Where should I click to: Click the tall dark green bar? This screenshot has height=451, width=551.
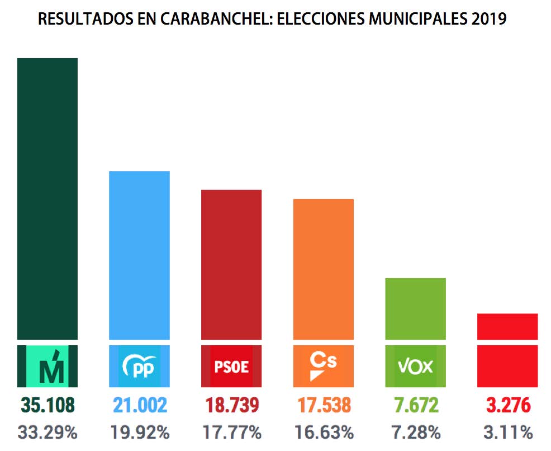(x=47, y=199)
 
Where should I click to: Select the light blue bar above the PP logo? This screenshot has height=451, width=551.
(x=140, y=255)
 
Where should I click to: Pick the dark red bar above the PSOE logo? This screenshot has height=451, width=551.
(x=231, y=265)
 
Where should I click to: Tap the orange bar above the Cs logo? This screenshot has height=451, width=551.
(x=324, y=270)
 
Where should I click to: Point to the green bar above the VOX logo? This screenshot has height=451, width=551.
(x=415, y=309)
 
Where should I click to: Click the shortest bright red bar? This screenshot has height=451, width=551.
(x=507, y=326)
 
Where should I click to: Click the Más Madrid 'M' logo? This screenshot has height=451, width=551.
(x=47, y=366)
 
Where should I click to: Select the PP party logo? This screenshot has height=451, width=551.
(x=140, y=366)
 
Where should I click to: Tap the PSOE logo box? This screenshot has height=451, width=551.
(x=231, y=366)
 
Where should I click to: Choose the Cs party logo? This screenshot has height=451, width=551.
(x=324, y=366)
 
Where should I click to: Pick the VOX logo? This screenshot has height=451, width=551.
(x=415, y=366)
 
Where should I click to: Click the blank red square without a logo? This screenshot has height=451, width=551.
(x=507, y=366)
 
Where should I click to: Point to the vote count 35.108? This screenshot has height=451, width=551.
(x=48, y=405)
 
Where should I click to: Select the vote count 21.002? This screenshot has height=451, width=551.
(x=140, y=405)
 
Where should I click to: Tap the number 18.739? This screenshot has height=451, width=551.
(x=232, y=405)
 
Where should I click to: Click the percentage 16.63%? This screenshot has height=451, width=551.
(x=324, y=432)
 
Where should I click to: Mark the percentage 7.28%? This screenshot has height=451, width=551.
(x=416, y=432)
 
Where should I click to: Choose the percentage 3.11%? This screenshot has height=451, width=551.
(x=508, y=432)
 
